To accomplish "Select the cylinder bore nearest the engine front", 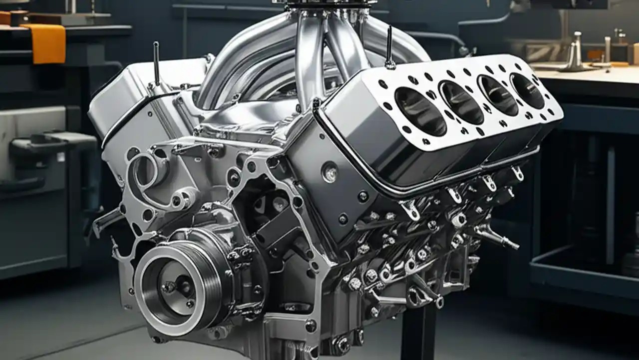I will tap(420, 111).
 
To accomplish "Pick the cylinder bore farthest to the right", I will tap(527, 90).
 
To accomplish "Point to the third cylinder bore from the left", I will tap(497, 95).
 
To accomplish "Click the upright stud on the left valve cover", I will tap(156, 62).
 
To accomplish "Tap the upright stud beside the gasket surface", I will tap(389, 47).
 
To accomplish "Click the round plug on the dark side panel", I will tap(329, 172).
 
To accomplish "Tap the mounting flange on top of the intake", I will tap(329, 5).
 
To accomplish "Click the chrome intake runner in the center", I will tap(307, 55).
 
